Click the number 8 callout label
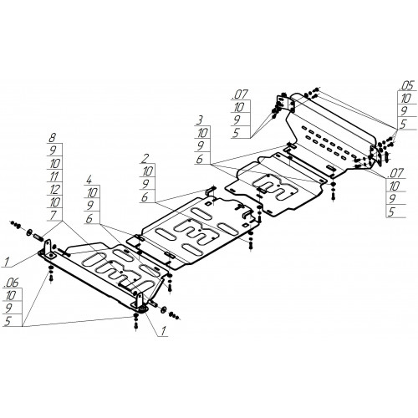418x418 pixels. [52, 138]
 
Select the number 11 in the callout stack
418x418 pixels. [54, 176]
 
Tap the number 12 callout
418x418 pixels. [54, 189]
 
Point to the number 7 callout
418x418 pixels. [53, 215]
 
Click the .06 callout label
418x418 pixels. [12, 283]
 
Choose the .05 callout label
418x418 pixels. [407, 86]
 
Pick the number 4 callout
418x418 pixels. [89, 180]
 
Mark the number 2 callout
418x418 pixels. [145, 159]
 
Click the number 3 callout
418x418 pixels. [200, 120]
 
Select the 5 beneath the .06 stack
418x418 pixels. [8, 321]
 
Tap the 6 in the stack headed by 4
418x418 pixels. [89, 219]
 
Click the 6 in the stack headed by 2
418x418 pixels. [145, 197]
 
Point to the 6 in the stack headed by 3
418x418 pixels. [200, 159]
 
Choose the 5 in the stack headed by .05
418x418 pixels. [403, 125]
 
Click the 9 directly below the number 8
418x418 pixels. [53, 150]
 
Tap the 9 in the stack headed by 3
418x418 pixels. [201, 146]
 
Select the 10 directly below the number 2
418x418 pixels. [148, 171]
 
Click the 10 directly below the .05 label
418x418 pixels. [405, 99]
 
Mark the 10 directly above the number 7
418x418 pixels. [55, 202]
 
